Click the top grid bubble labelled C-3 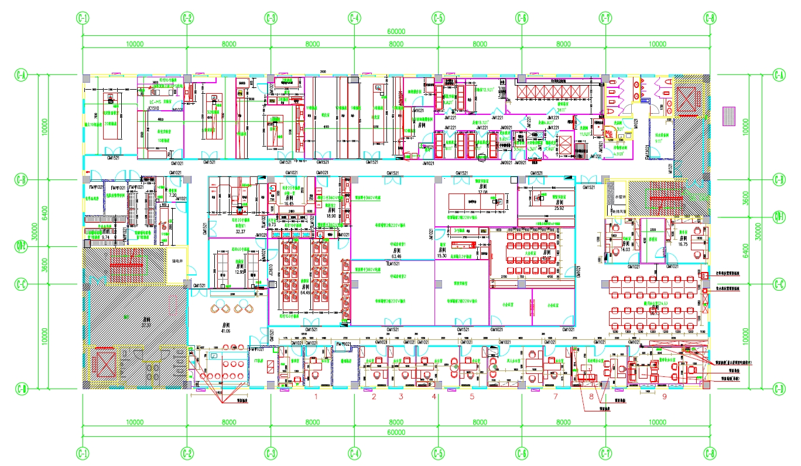(x=271, y=18)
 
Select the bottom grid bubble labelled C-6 (x=522, y=453)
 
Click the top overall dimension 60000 (x=396, y=32)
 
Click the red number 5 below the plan (x=472, y=397)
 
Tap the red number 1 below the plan (x=316, y=397)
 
